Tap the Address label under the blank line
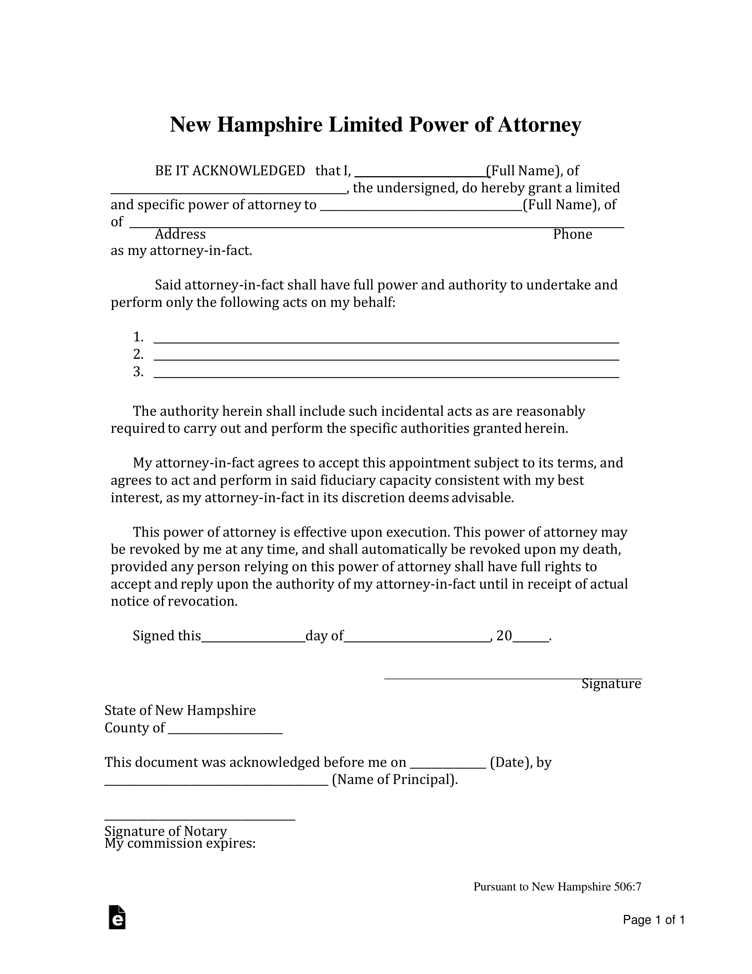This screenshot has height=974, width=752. pyautogui.click(x=180, y=234)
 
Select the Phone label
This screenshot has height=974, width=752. pyautogui.click(x=572, y=234)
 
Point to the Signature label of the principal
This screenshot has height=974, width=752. pyautogui.click(x=611, y=684)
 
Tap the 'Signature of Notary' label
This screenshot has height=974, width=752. pyautogui.click(x=165, y=831)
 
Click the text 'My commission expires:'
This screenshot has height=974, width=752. pyautogui.click(x=180, y=843)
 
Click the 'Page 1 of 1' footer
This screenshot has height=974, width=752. pyautogui.click(x=654, y=920)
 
